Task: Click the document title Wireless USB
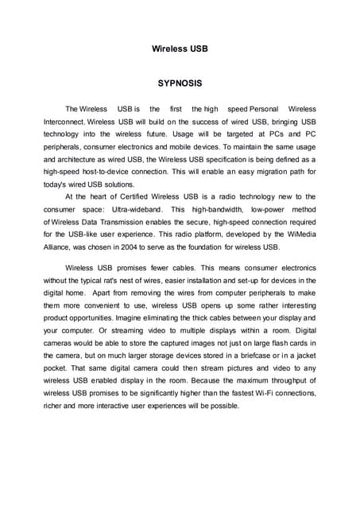(x=180, y=49)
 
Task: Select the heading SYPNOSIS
(x=180, y=83)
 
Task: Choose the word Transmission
(x=134, y=221)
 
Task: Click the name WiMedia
(x=299, y=234)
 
